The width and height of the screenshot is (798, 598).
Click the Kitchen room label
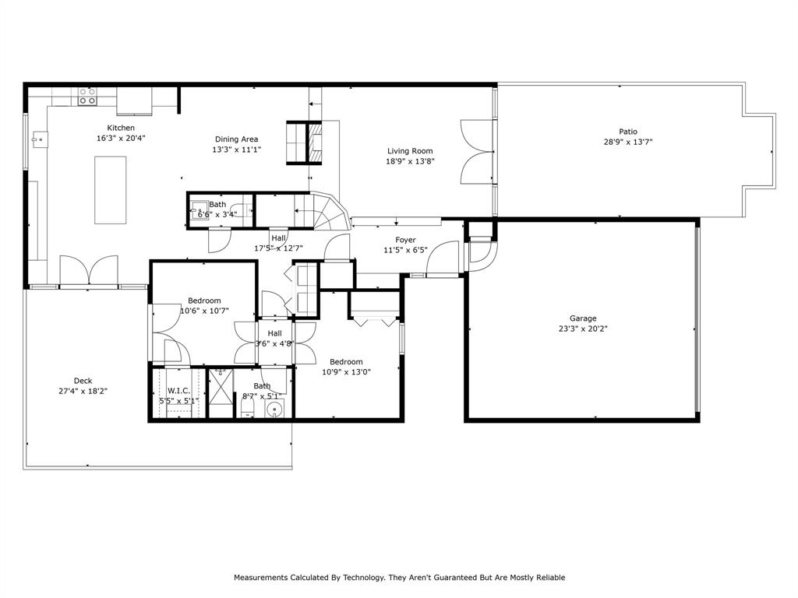[x=121, y=128]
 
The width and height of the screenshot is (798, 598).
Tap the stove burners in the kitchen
[x=87, y=96]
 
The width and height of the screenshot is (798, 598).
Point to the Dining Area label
[x=236, y=139]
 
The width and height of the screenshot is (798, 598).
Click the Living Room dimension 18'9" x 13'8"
[x=410, y=161]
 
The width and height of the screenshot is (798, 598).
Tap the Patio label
[x=627, y=132]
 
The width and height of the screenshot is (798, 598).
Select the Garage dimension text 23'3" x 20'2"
[x=583, y=329]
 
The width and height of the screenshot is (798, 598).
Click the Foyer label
[x=405, y=240]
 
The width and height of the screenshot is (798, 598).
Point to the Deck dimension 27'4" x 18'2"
[x=83, y=391]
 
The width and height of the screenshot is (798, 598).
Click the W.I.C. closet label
[x=178, y=391]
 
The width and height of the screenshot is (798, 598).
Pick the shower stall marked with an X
[x=221, y=394]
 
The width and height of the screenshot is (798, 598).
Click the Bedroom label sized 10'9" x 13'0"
[x=346, y=361]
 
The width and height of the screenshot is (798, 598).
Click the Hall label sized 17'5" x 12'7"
[x=278, y=238]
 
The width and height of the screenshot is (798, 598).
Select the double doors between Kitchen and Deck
[x=90, y=272]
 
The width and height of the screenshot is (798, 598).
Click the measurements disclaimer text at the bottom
[x=399, y=578]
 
